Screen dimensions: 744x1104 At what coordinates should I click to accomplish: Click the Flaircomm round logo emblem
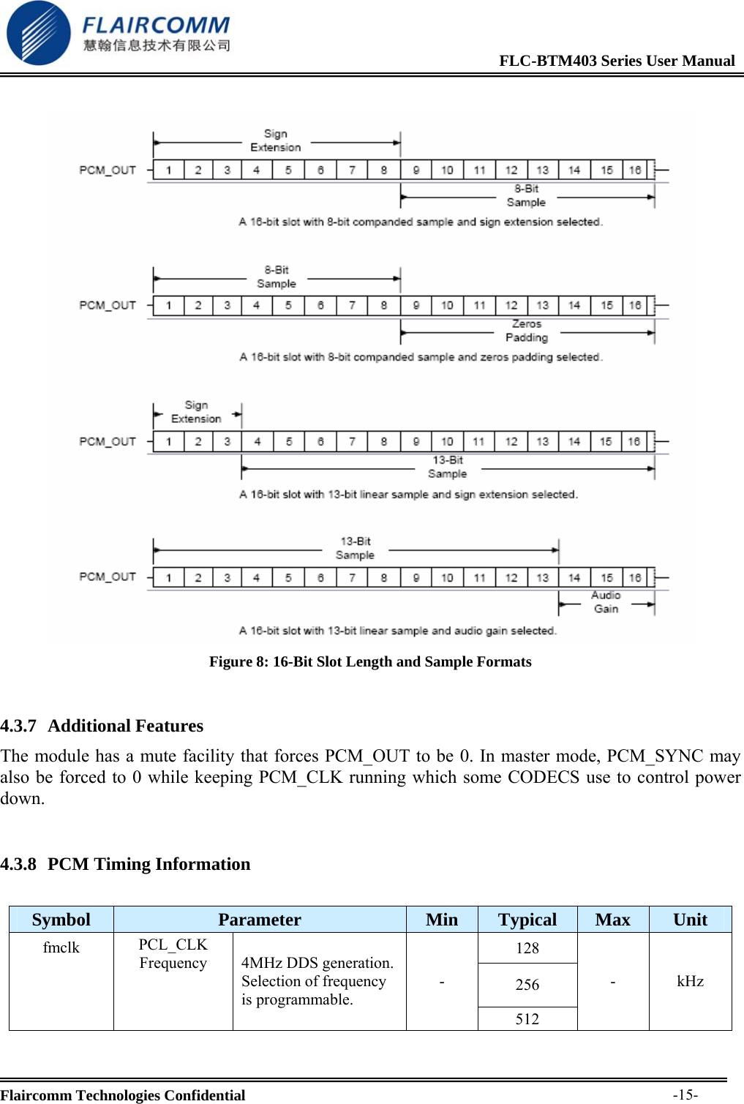(38, 33)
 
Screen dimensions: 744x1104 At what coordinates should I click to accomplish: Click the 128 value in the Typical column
(527, 948)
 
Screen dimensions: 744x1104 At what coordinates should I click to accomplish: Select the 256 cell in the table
(527, 985)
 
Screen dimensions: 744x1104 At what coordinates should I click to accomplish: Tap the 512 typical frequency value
(527, 1018)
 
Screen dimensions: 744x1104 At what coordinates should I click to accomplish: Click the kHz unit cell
(690, 981)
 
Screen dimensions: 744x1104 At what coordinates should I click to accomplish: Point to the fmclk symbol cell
(61, 947)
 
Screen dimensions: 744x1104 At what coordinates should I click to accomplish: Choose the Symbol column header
(61, 920)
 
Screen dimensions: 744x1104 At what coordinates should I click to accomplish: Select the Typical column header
(527, 920)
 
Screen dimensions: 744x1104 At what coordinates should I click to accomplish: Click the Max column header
(612, 920)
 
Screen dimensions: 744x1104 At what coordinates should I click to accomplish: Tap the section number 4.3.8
(18, 864)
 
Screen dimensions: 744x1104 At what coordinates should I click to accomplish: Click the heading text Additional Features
(126, 726)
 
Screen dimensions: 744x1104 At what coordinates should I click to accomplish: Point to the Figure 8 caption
(370, 661)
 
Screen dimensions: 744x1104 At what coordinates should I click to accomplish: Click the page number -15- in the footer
(685, 1094)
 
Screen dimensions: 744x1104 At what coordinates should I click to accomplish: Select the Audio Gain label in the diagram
(606, 602)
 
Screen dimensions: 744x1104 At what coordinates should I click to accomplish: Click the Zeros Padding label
(526, 331)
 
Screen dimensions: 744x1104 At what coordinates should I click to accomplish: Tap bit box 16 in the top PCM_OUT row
(634, 170)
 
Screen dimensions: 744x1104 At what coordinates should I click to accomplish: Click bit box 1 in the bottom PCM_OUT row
(168, 577)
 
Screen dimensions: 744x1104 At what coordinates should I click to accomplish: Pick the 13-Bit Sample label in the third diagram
(447, 467)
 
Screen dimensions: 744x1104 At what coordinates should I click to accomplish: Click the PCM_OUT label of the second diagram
(108, 305)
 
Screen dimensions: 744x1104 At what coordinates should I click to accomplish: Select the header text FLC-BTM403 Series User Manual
(617, 61)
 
